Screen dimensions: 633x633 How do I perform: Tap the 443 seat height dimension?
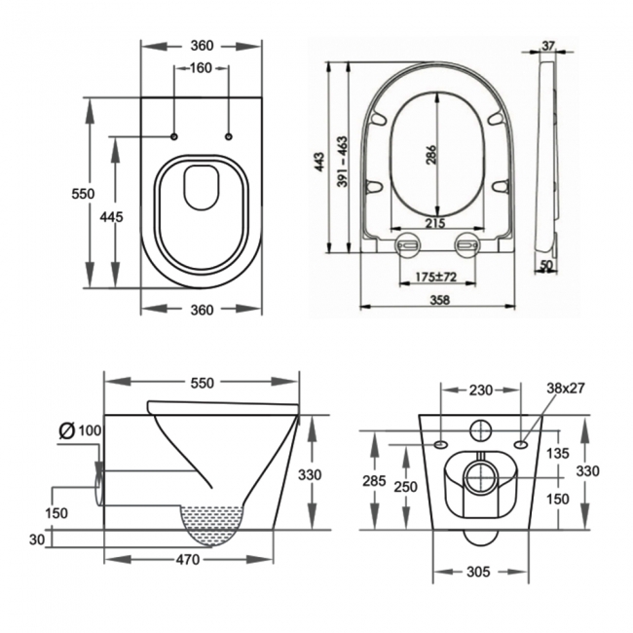click(x=319, y=162)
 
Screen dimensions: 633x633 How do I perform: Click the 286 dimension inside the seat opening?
click(x=431, y=154)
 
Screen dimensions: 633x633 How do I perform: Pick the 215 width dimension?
click(x=436, y=224)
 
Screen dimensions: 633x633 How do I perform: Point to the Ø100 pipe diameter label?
click(x=82, y=429)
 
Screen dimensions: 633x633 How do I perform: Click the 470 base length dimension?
click(x=188, y=560)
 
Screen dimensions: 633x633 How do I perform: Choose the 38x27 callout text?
click(x=565, y=388)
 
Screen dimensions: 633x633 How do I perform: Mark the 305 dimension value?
click(x=478, y=574)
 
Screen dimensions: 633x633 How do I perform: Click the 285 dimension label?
click(x=373, y=481)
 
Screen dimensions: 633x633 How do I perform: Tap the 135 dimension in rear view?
click(x=557, y=452)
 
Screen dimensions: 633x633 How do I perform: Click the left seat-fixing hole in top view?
click(x=174, y=134)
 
